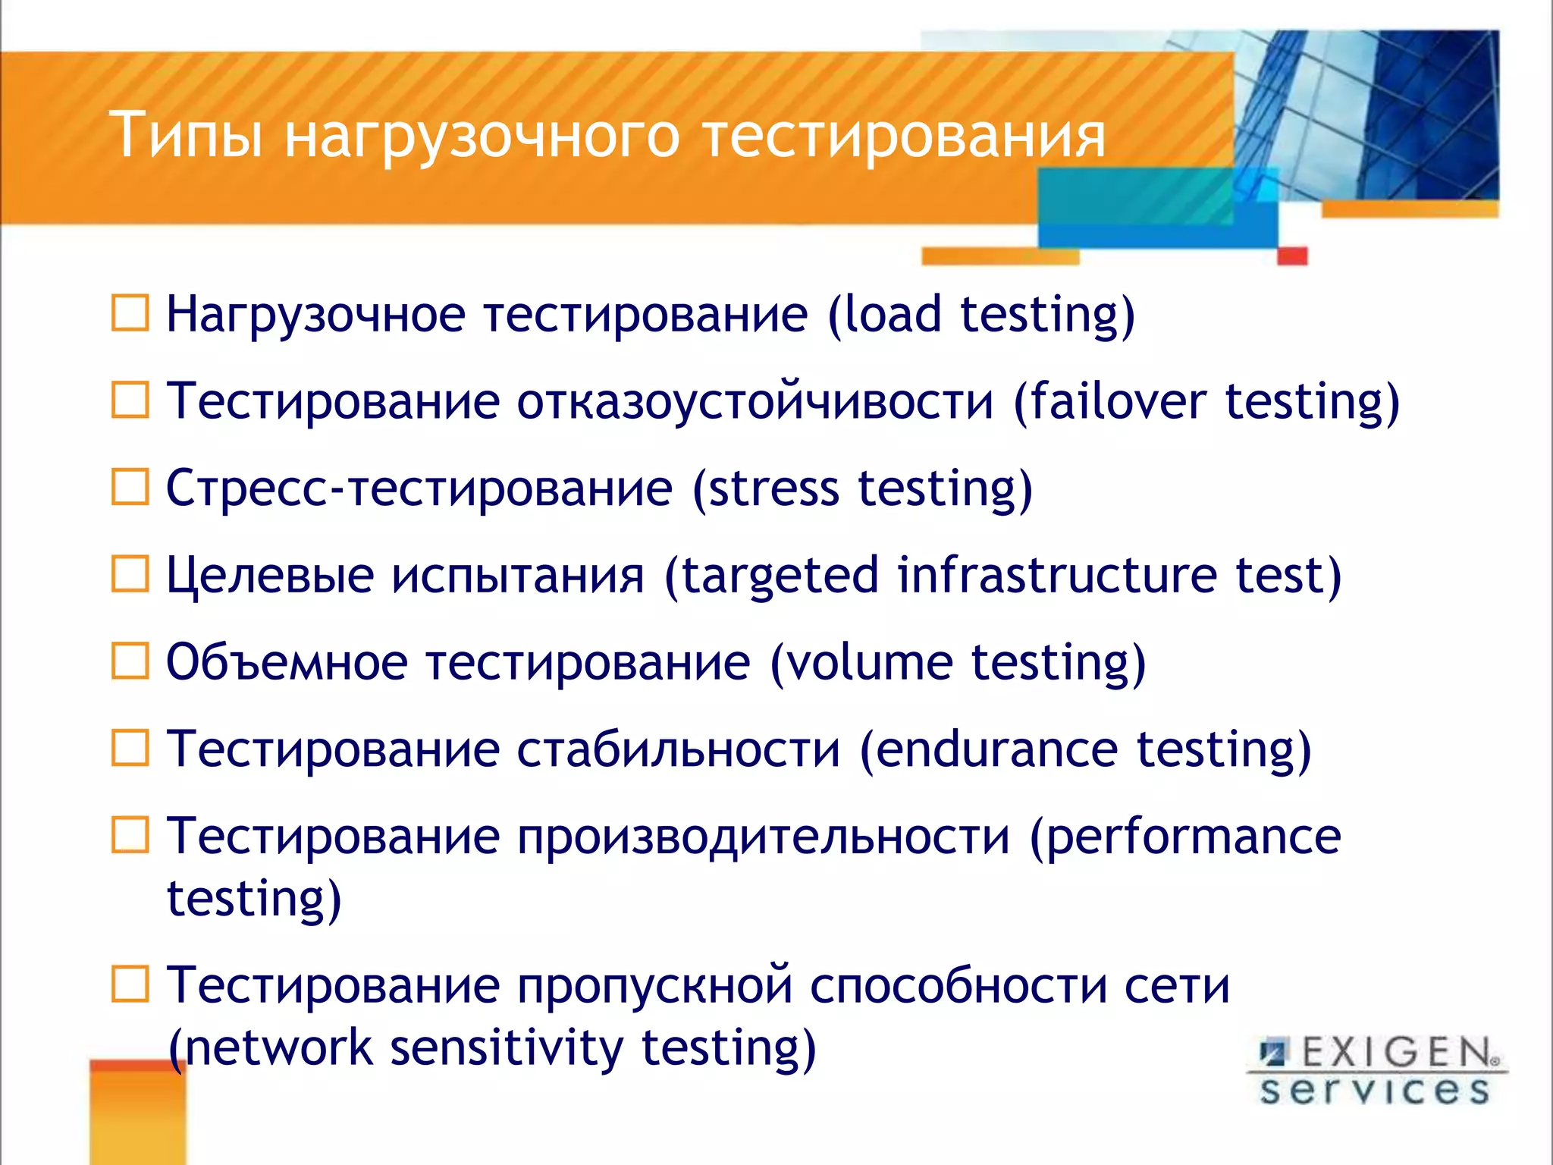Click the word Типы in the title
coord(186,135)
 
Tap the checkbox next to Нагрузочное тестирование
coord(130,313)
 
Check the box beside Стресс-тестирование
coord(130,487)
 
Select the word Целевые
coord(269,575)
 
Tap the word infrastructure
coord(1057,574)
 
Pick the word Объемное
coord(287,662)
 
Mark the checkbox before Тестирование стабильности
coord(130,749)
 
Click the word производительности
coord(764,837)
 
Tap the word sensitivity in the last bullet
coord(506,1047)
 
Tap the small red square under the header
coord(1292,256)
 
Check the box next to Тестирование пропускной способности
coord(130,984)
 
